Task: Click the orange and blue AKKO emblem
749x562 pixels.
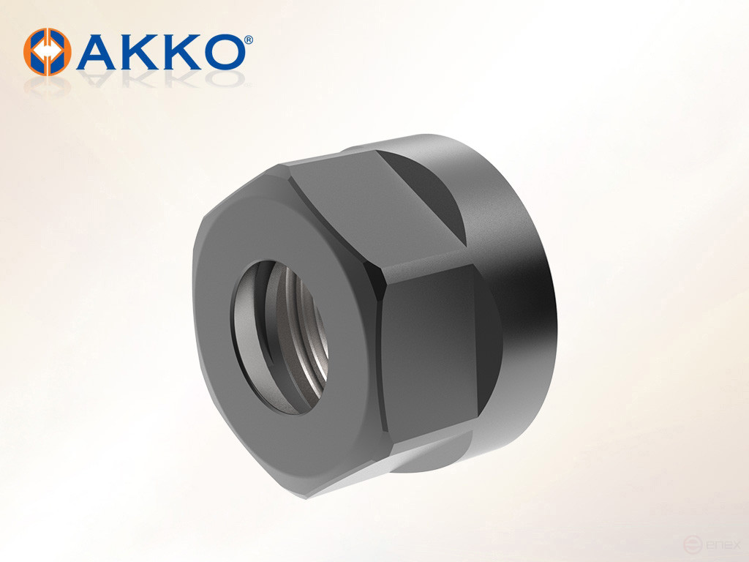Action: tap(47, 52)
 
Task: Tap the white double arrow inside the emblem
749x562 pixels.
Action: tap(47, 52)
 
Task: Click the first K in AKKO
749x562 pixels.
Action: tap(140, 51)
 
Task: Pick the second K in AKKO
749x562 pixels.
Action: tap(181, 51)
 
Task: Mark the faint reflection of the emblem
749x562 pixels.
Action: tap(47, 86)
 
